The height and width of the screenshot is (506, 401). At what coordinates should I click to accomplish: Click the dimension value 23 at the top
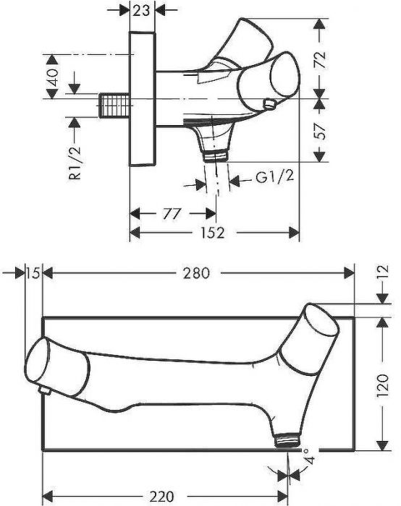point(141,11)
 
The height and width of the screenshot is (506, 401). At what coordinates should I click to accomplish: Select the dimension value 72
point(320,59)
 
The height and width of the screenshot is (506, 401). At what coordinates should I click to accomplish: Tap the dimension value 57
point(320,131)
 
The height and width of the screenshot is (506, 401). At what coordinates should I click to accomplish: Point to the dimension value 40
point(52,77)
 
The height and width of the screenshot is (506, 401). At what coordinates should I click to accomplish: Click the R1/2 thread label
point(75,163)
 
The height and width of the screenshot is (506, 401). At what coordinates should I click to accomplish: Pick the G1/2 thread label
point(274,177)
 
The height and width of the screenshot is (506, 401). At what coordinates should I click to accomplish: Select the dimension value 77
point(172,214)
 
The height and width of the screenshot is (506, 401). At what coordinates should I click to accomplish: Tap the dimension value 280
point(196,273)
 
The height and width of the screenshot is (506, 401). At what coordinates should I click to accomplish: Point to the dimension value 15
point(33,273)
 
